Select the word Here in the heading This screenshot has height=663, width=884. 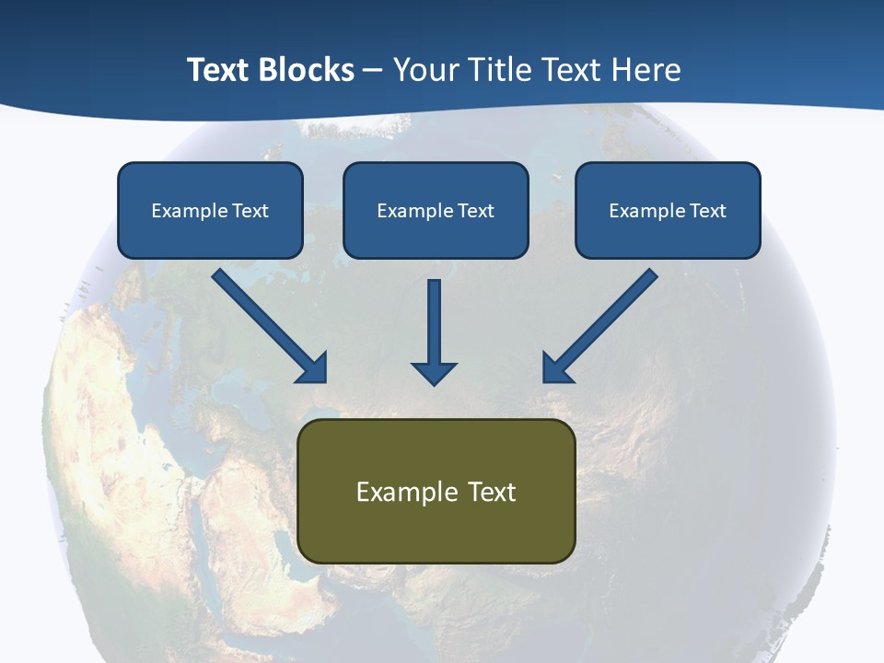pyautogui.click(x=646, y=70)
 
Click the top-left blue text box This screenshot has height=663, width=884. pyautogui.click(x=210, y=210)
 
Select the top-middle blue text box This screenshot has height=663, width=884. pyautogui.click(x=436, y=210)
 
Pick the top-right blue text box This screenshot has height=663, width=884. pyautogui.click(x=668, y=210)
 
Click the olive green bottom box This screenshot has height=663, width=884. pyautogui.click(x=436, y=491)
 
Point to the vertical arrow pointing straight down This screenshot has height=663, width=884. pyautogui.click(x=434, y=327)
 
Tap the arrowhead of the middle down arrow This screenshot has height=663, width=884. pyautogui.click(x=434, y=372)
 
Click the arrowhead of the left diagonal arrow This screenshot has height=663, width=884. pyautogui.click(x=314, y=369)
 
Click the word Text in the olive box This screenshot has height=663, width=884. pyautogui.click(x=493, y=492)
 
